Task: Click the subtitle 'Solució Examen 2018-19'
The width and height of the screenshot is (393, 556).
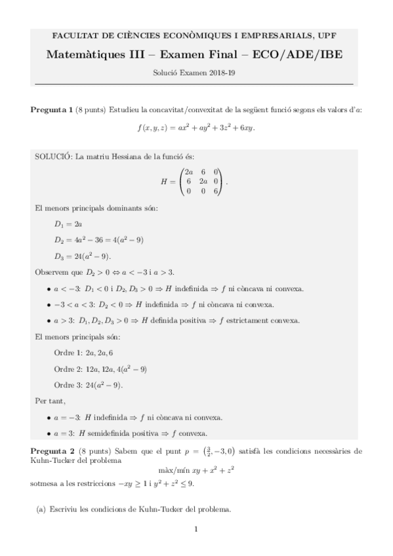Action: coord(196,73)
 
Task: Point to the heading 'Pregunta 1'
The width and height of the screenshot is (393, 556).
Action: coord(52,109)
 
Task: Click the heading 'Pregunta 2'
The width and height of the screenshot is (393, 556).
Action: coord(52,451)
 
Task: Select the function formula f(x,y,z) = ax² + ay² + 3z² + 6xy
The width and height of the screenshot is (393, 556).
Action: coord(196,127)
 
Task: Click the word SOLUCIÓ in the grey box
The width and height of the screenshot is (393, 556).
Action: coord(53,156)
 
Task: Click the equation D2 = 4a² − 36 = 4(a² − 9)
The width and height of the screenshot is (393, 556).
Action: coord(99,240)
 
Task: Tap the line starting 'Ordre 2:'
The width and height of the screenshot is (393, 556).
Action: coord(100,368)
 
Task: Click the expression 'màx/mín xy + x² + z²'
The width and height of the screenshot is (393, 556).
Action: coord(197,469)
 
